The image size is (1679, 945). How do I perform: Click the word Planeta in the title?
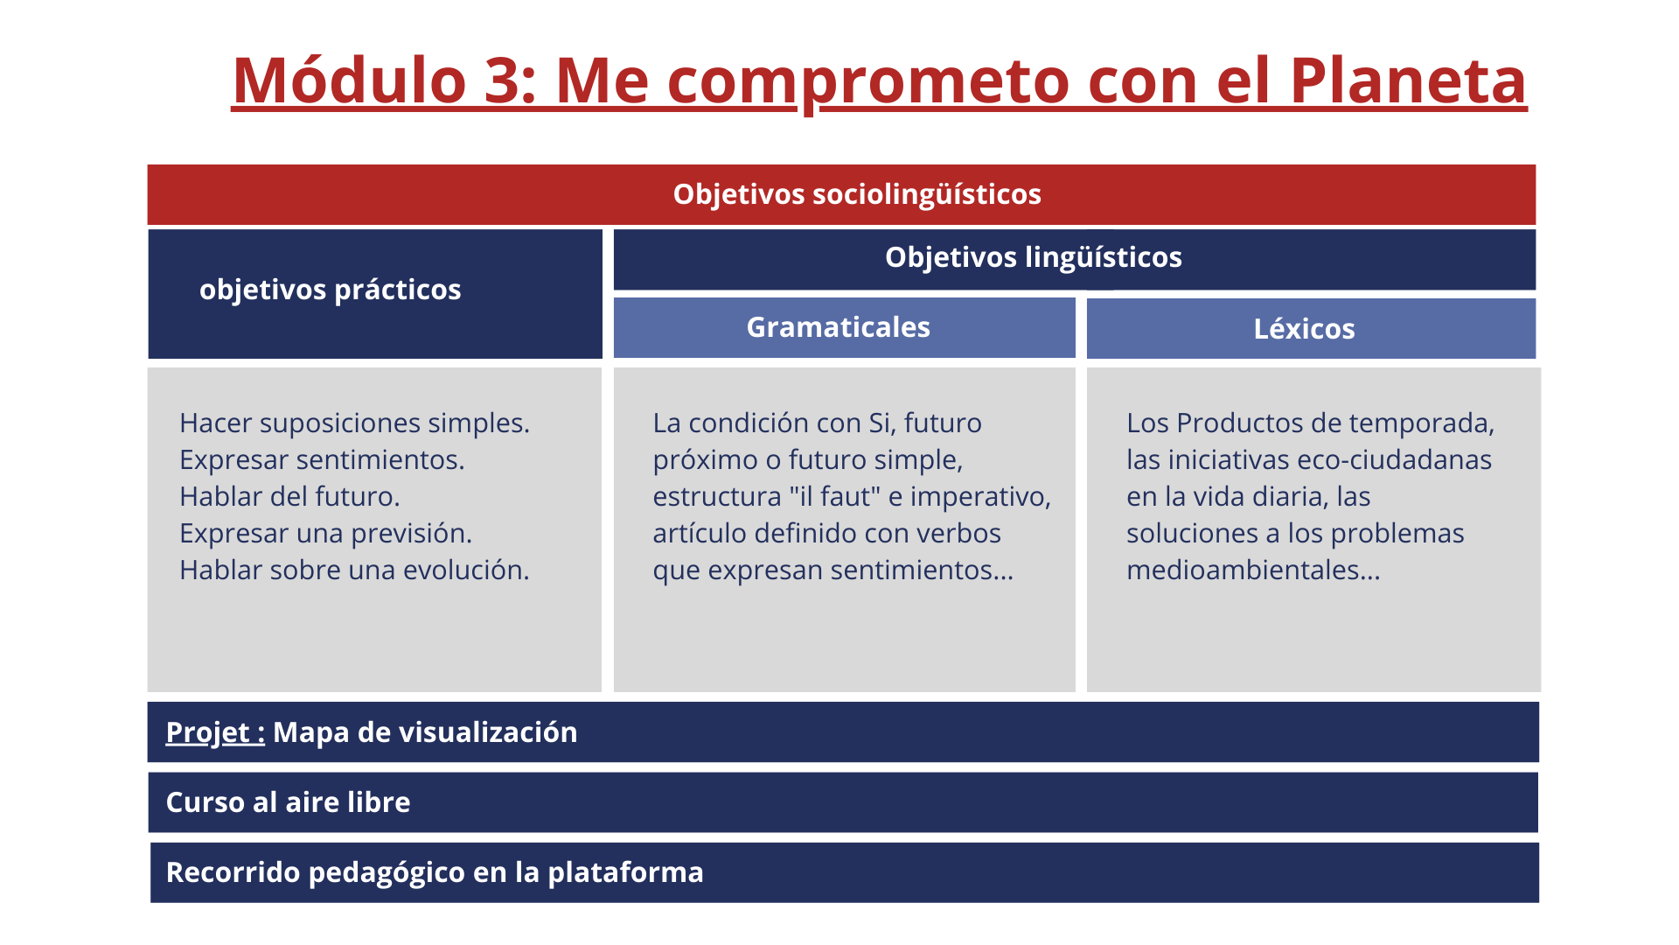click(1408, 80)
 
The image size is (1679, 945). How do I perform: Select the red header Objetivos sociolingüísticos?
click(857, 194)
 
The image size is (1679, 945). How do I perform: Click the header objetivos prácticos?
click(330, 290)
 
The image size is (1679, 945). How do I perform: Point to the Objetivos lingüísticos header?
click(1034, 257)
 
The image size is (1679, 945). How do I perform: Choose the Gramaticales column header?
click(838, 327)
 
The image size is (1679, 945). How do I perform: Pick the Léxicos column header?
click(1304, 329)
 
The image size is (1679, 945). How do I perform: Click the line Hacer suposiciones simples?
click(354, 423)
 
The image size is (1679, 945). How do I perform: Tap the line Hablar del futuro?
click(289, 497)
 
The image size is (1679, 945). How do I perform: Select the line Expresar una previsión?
click(325, 534)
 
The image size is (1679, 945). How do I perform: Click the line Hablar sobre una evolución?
click(354, 570)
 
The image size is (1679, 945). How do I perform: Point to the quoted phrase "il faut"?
click(833, 496)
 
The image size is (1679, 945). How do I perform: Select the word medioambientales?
click(1242, 570)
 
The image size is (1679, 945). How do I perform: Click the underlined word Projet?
click(207, 732)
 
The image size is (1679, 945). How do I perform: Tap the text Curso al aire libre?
click(288, 802)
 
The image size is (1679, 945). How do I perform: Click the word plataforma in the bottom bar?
click(625, 873)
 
